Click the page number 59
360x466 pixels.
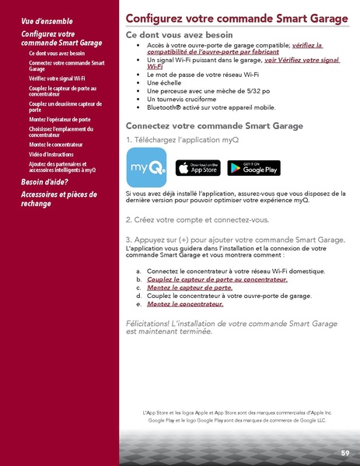(x=344, y=452)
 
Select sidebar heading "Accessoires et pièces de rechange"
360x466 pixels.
(x=58, y=199)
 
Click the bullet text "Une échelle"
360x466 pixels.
(x=164, y=81)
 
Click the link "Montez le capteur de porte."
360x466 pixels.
(x=189, y=287)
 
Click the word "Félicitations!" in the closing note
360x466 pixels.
(x=152, y=323)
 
